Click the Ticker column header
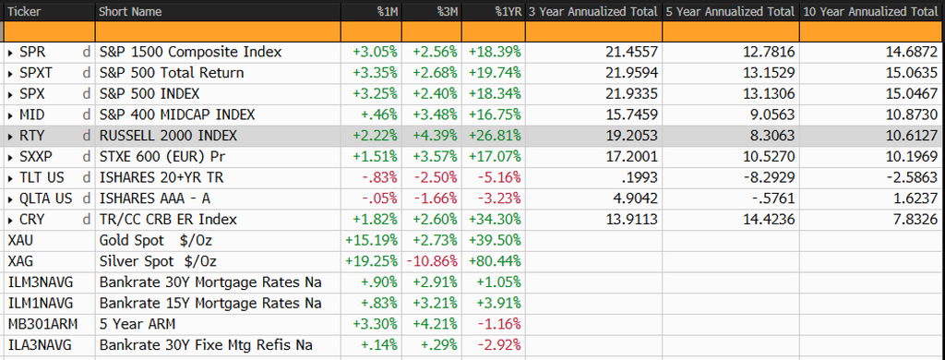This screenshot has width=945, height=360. coord(23,11)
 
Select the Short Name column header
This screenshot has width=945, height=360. coord(129,11)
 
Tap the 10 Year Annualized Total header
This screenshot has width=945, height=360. coord(871,11)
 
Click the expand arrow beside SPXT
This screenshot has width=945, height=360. coord(11,74)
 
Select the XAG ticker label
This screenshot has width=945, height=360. coord(20,262)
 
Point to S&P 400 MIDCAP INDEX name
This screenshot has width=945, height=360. coord(177,115)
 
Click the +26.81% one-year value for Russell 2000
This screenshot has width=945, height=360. coord(495,137)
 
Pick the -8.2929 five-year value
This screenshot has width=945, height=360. coord(772,178)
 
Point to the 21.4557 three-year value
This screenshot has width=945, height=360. coord(633,53)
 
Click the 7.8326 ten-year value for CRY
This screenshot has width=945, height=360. coord(916,220)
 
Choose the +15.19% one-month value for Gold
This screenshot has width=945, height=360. coord(371,241)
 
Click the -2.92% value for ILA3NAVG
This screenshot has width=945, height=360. coord(500,345)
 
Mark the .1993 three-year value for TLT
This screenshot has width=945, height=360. coord(641,178)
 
